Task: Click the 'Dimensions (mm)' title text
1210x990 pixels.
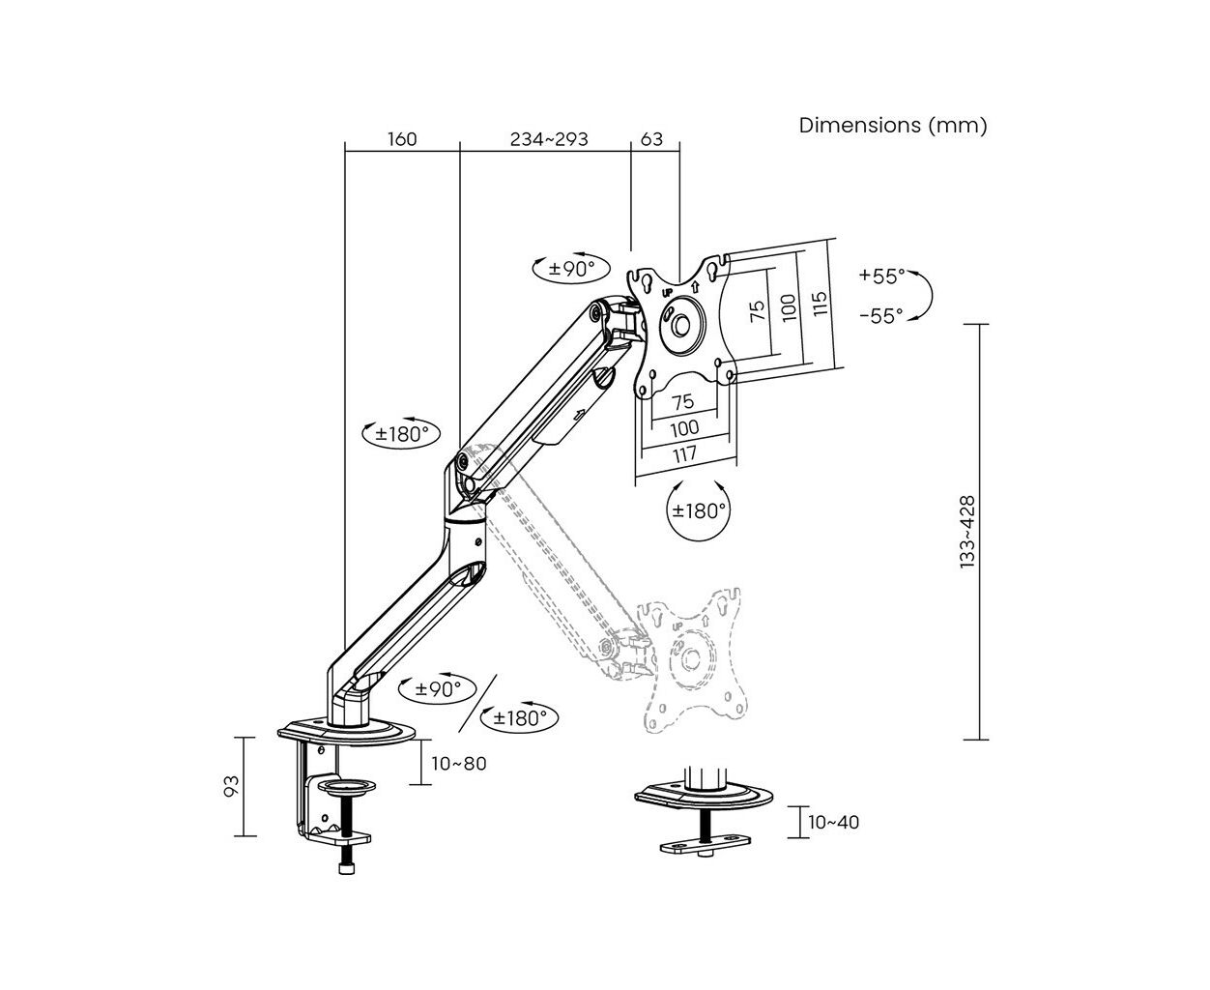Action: pos(892,125)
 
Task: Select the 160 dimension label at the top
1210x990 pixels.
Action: pos(402,139)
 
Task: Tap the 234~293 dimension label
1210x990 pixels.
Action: pos(549,139)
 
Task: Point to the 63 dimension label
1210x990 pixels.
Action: pos(651,139)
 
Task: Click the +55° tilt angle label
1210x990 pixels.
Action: pos(881,277)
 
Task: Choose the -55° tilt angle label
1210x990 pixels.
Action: pos(881,315)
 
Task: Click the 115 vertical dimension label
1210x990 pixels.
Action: pos(821,303)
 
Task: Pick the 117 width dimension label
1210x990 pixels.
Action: pos(684,454)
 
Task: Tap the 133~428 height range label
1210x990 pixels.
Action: pos(967,532)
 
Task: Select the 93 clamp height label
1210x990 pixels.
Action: pos(231,786)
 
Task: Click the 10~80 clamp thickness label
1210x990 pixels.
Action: pos(458,764)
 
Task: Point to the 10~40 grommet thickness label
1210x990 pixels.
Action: pos(834,822)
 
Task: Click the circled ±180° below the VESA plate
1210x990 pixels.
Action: pos(698,510)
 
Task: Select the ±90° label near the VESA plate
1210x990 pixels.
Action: pos(571,268)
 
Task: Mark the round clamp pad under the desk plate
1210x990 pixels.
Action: pos(347,786)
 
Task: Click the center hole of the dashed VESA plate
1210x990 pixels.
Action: pos(691,658)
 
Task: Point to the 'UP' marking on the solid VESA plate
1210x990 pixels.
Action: pos(667,293)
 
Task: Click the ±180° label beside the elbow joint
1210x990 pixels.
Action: pos(402,434)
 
